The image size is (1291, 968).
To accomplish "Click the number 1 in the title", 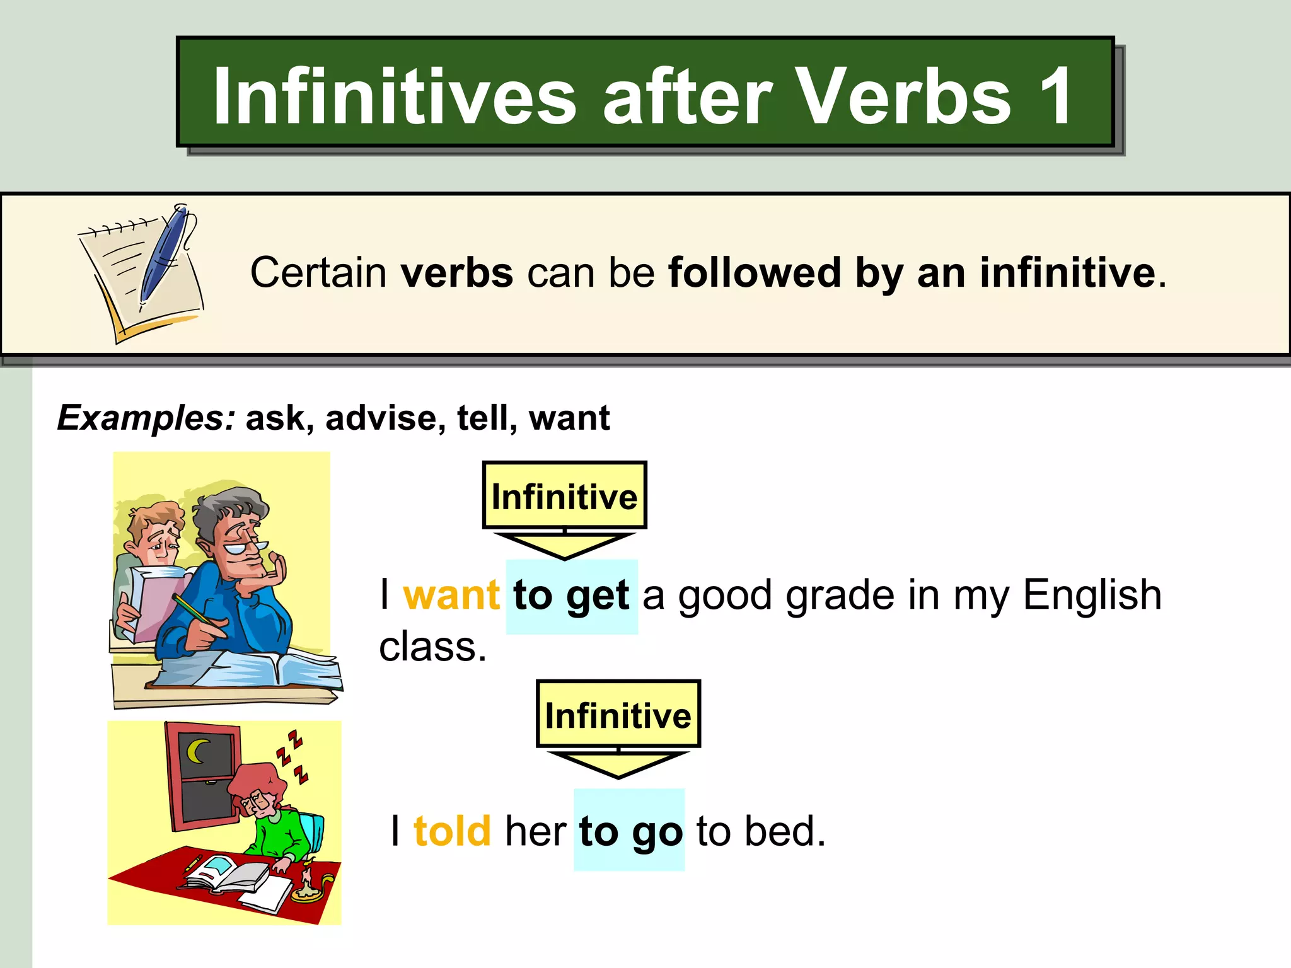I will tap(1054, 96).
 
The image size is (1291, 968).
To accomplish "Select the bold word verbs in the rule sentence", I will tap(457, 273).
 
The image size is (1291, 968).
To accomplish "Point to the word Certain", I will tap(318, 273).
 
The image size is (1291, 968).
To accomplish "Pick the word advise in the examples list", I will tap(381, 418).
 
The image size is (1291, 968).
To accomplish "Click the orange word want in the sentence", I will tap(451, 595).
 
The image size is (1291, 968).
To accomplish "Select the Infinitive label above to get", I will tap(564, 497).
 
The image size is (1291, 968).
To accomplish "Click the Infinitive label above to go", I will tap(618, 715).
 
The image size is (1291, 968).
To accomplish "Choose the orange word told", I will tap(452, 831).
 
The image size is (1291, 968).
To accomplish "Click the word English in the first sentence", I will tap(1092, 595).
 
